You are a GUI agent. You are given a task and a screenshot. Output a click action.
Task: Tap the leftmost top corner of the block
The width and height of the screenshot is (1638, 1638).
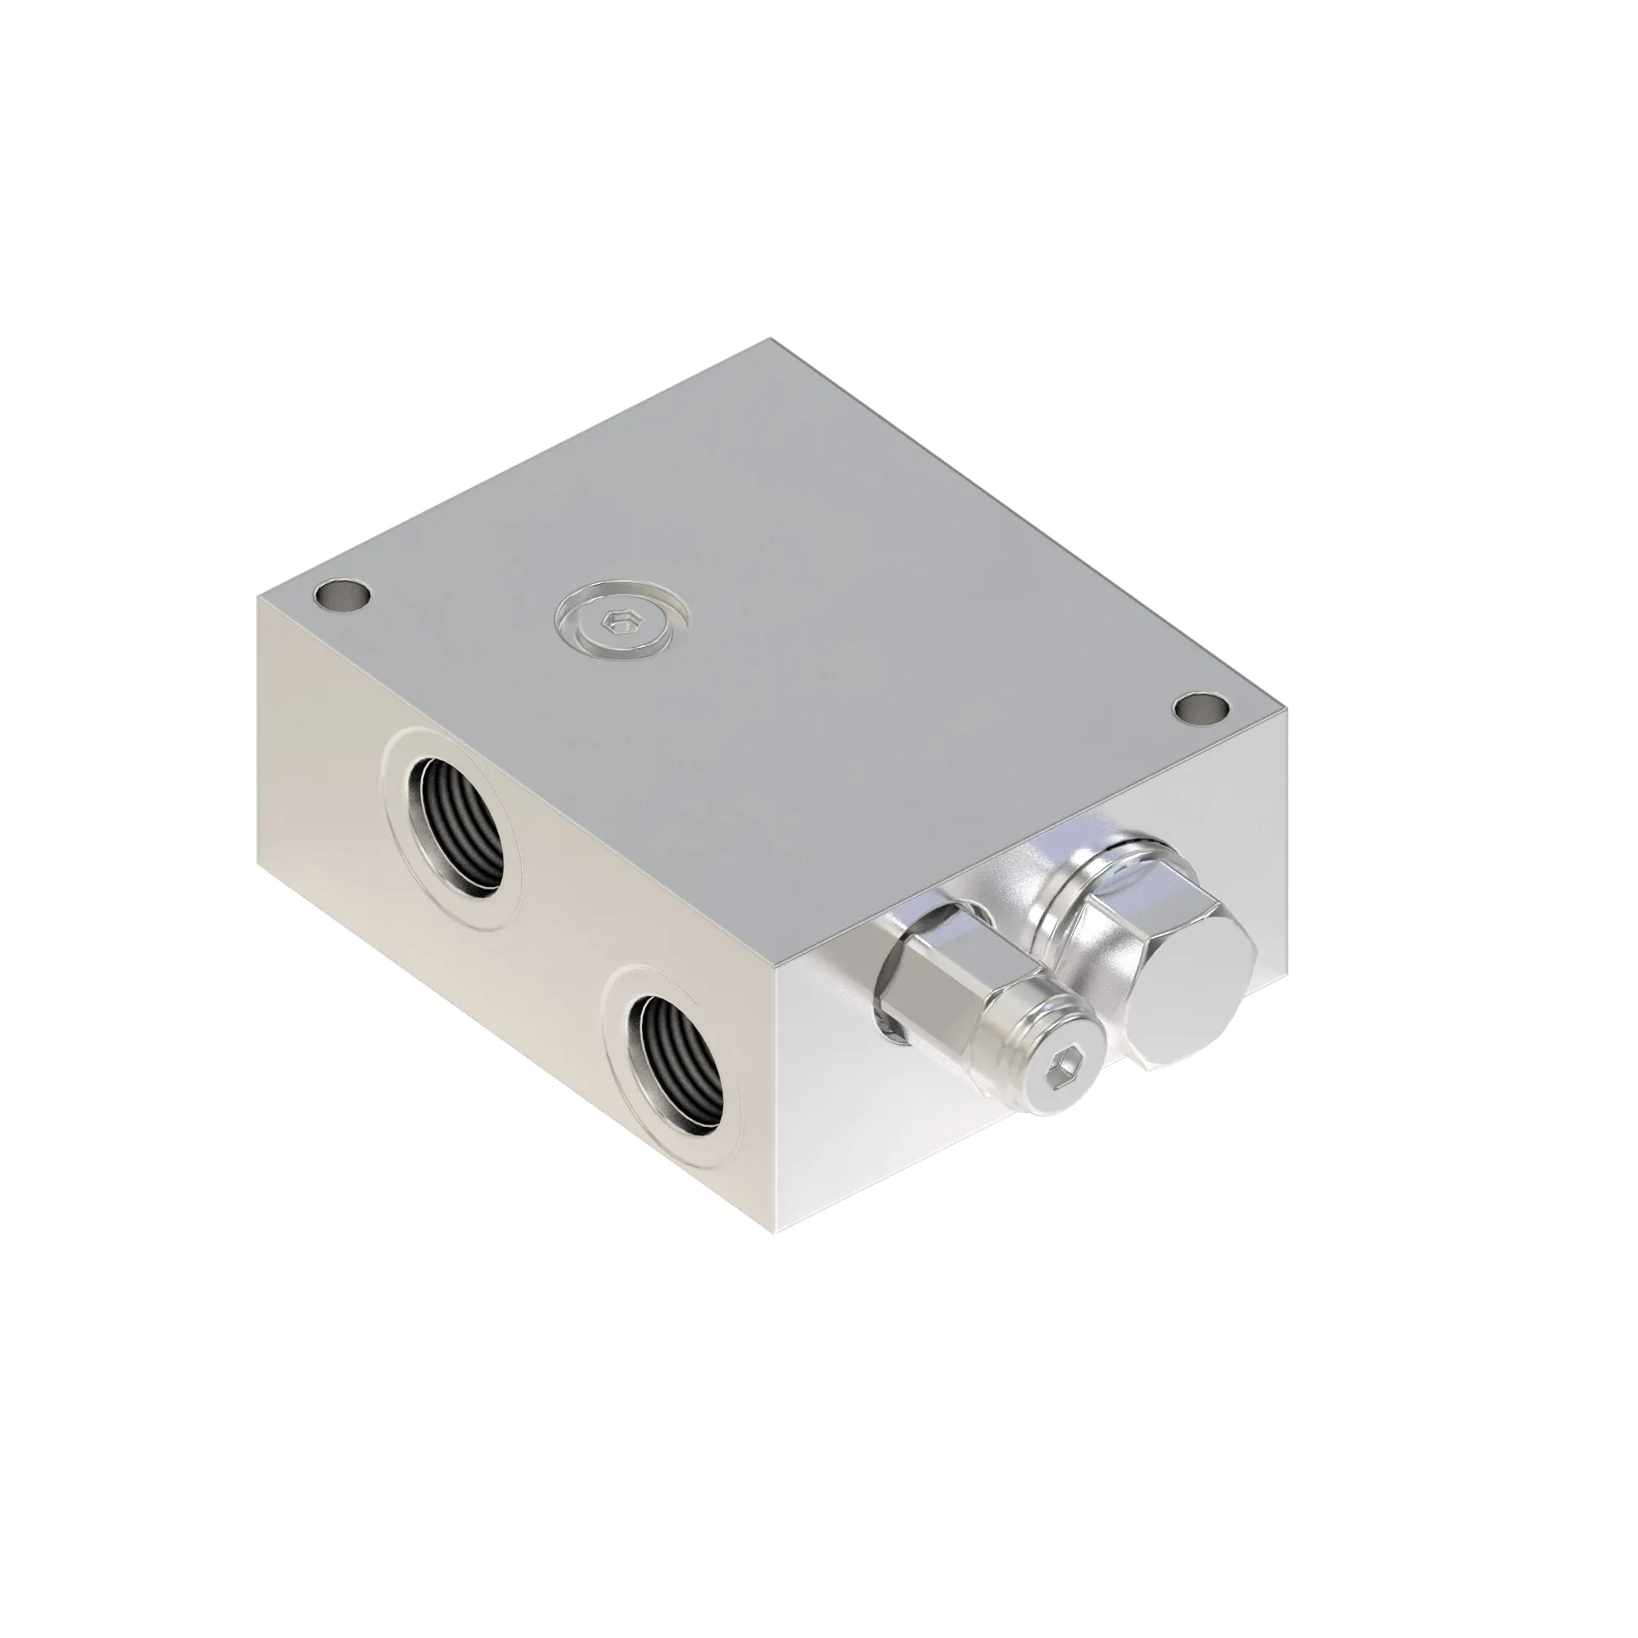tap(258, 595)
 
